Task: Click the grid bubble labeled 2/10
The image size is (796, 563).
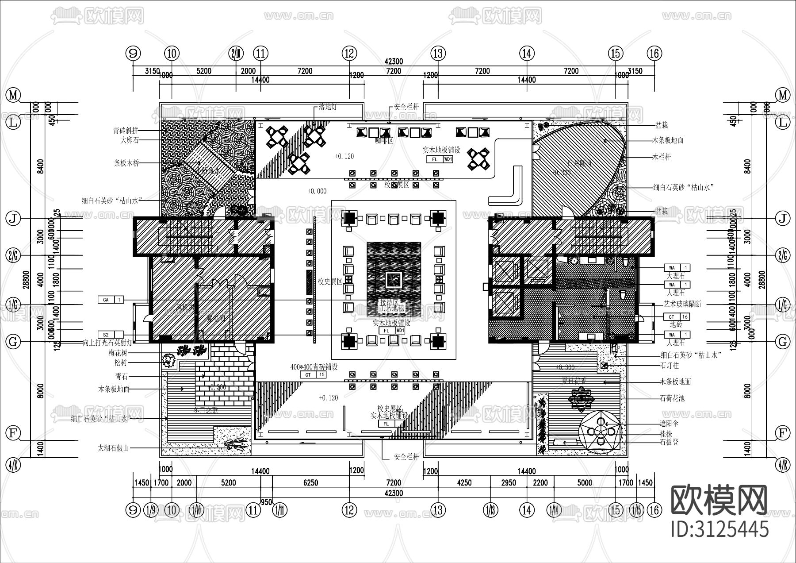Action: (236, 54)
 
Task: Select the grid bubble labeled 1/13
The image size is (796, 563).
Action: (490, 510)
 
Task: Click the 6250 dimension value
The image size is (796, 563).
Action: (310, 482)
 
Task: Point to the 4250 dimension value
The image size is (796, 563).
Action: (464, 482)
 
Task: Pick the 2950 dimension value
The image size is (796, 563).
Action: (508, 482)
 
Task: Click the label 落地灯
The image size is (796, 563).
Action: (328, 107)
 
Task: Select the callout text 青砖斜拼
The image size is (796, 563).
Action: (126, 131)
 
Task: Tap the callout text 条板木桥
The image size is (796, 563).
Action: (126, 163)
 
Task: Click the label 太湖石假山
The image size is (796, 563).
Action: (113, 448)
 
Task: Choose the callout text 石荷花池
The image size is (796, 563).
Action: (672, 398)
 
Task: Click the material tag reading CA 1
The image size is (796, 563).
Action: (111, 300)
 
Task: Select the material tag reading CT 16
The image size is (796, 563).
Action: (677, 316)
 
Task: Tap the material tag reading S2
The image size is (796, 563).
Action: (111, 335)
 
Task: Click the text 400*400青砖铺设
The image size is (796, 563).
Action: (314, 367)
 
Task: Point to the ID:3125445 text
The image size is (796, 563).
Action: (719, 528)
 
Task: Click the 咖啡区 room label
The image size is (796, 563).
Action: (384, 141)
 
